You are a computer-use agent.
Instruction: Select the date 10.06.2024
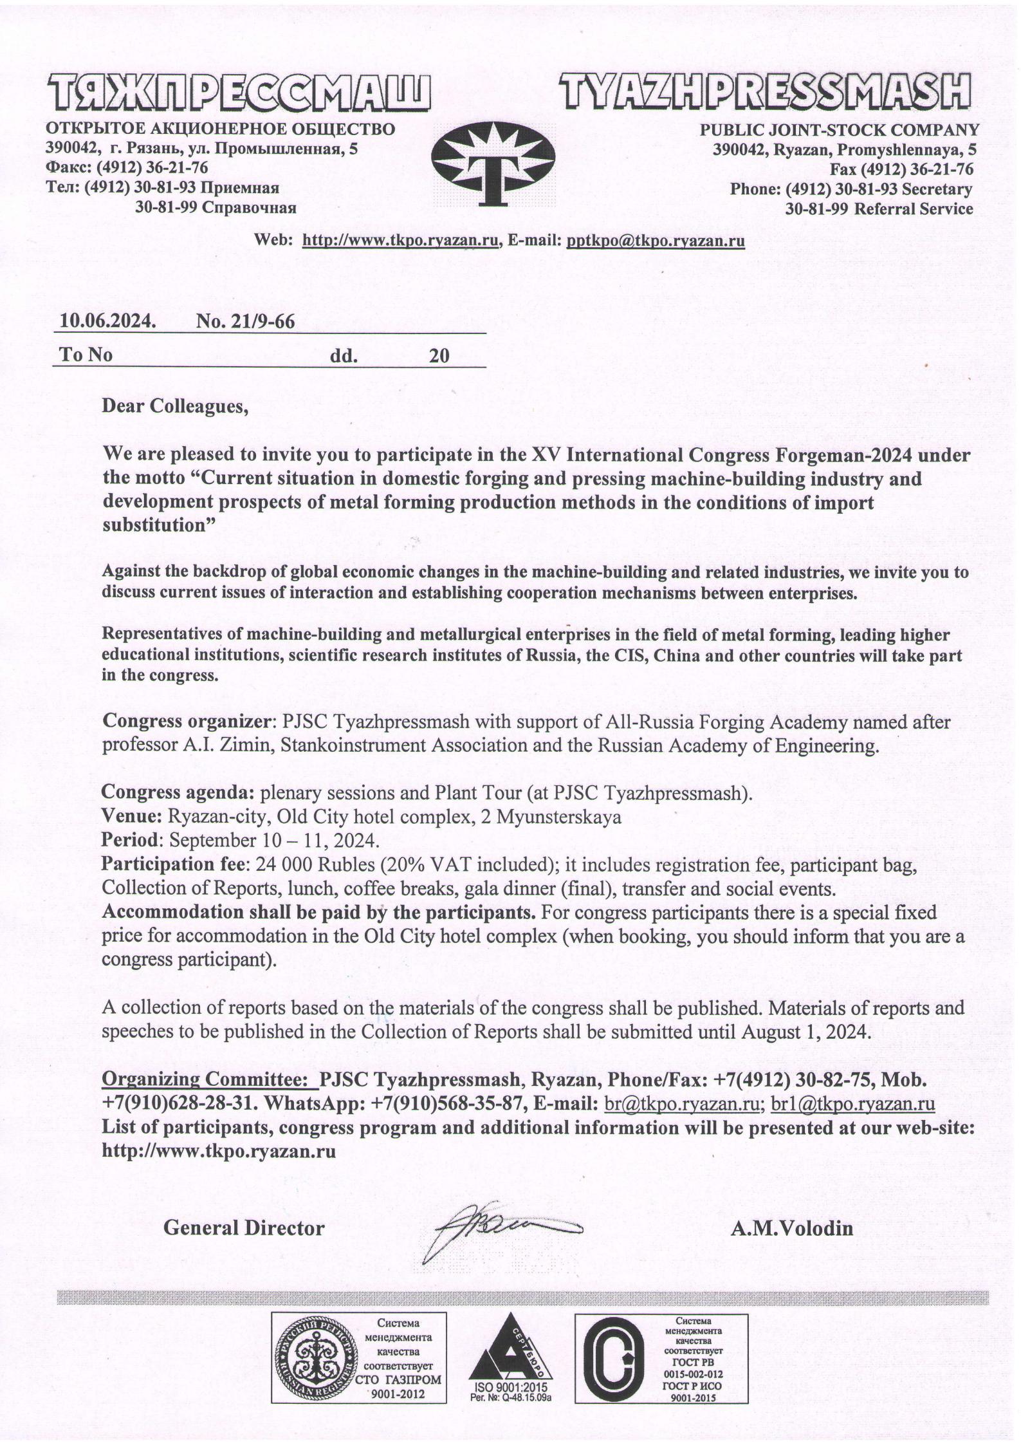click(108, 321)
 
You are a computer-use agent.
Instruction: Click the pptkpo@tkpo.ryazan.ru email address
click(655, 241)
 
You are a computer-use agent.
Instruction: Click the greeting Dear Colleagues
click(175, 407)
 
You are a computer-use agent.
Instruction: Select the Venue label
click(132, 817)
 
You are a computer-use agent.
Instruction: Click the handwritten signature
click(495, 1227)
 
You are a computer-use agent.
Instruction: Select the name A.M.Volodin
click(791, 1229)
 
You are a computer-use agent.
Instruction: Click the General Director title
click(244, 1228)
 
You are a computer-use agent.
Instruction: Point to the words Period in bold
click(130, 841)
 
